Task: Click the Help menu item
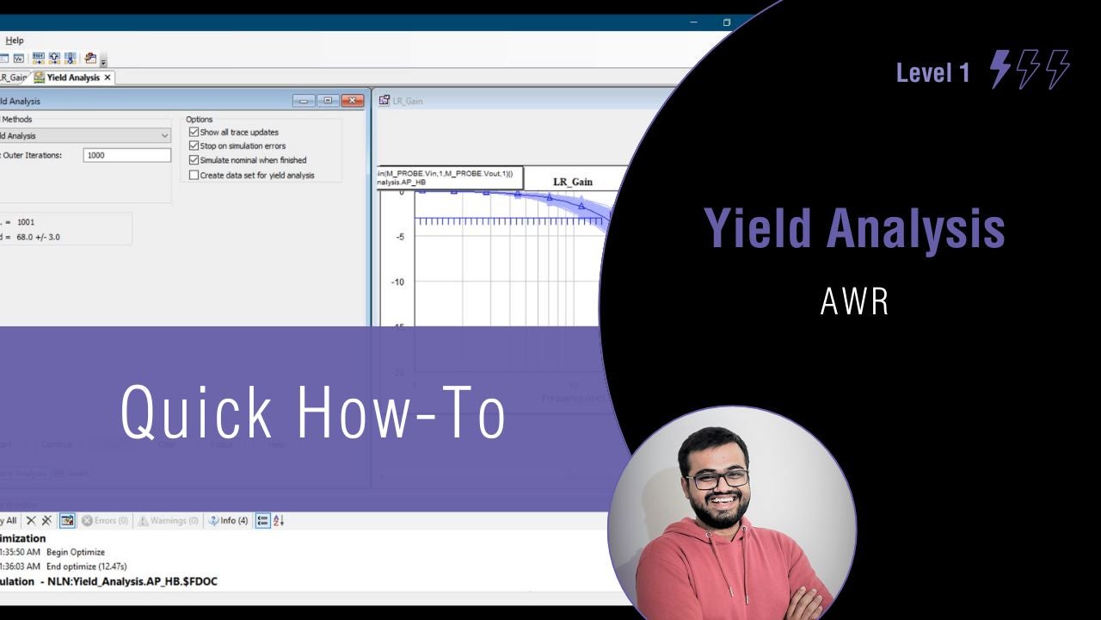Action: pyautogui.click(x=15, y=40)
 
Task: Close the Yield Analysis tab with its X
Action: pyautogui.click(x=108, y=77)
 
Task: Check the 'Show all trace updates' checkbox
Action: pyautogui.click(x=194, y=133)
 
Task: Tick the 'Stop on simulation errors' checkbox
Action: pyautogui.click(x=194, y=146)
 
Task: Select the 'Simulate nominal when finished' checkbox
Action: pyautogui.click(x=194, y=160)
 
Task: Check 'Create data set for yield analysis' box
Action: pyautogui.click(x=194, y=175)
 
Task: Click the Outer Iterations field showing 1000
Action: pyautogui.click(x=127, y=155)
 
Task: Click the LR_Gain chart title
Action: pyautogui.click(x=572, y=183)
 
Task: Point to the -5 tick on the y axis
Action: pyautogui.click(x=399, y=237)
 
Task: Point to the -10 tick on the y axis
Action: pyautogui.click(x=398, y=282)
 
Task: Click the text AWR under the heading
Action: pyautogui.click(x=854, y=301)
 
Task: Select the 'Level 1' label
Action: pyautogui.click(x=932, y=73)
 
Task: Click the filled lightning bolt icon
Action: pyautogui.click(x=1000, y=69)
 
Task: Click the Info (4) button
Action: pyautogui.click(x=229, y=520)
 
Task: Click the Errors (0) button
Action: pyautogui.click(x=105, y=520)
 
